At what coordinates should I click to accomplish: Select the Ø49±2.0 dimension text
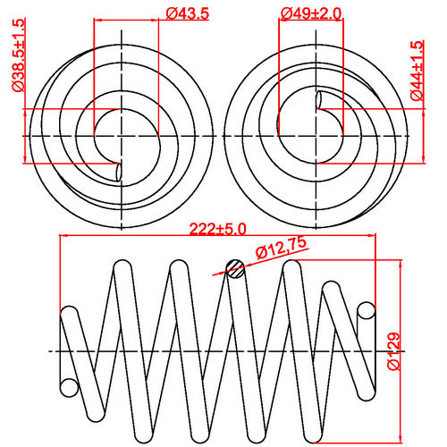tap(310, 13)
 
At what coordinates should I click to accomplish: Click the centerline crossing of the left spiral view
tap(118, 135)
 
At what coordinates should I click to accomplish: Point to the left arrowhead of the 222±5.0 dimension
tap(63, 237)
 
